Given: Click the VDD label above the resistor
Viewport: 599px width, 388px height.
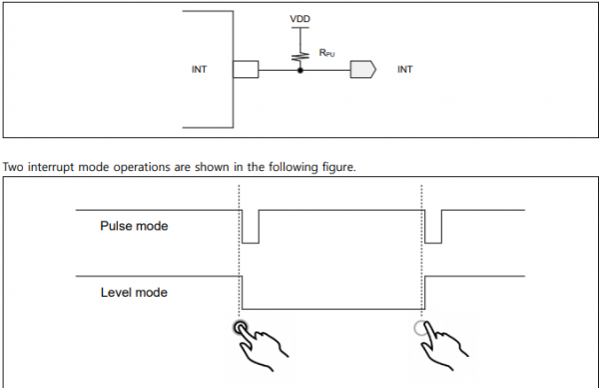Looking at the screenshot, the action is [x=299, y=19].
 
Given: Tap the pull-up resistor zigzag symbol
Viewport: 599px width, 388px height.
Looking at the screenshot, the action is [x=300, y=57].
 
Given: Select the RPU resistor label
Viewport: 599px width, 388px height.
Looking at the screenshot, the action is [x=327, y=53].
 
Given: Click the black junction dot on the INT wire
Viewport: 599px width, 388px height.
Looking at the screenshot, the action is [x=300, y=70].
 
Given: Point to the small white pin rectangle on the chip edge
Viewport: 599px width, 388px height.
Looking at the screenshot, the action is [x=246, y=69].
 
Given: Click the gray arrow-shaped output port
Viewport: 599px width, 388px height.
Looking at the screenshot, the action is [x=363, y=70].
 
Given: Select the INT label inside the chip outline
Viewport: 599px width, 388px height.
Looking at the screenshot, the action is [x=199, y=69].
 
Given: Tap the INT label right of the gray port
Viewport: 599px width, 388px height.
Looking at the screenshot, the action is [x=405, y=69].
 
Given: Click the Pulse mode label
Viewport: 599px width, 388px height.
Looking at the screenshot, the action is [x=134, y=226].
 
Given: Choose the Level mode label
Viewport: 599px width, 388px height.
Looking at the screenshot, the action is [x=134, y=292].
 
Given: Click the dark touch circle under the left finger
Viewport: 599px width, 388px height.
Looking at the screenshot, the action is [x=241, y=328].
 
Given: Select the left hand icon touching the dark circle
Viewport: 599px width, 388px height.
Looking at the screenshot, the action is [x=263, y=347].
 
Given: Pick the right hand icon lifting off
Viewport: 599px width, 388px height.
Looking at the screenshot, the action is [x=444, y=347].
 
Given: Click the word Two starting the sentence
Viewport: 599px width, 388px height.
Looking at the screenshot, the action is [x=13, y=167].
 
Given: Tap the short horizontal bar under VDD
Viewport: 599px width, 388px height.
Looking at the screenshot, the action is [x=300, y=28].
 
